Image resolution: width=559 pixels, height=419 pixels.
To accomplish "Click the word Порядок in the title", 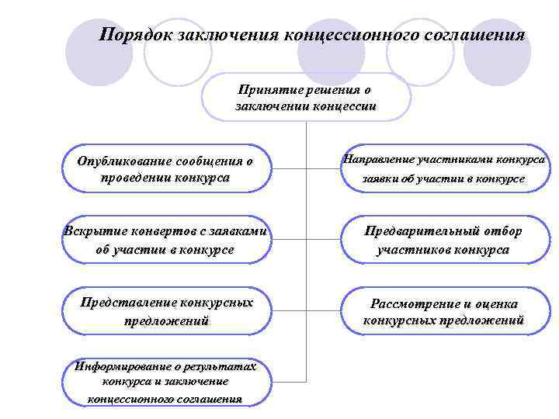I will (x=137, y=35).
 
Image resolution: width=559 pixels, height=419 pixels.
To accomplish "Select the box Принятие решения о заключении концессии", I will (x=306, y=98).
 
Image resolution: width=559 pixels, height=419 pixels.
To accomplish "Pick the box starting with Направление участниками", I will (x=444, y=168).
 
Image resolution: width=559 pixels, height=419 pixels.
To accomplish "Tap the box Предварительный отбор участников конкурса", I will (x=444, y=240).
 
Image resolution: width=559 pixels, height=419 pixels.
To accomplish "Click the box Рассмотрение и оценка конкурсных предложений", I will (x=444, y=311).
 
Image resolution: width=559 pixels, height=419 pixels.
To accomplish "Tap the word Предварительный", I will (x=424, y=231).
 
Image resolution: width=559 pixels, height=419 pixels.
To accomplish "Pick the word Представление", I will (x=127, y=302).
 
